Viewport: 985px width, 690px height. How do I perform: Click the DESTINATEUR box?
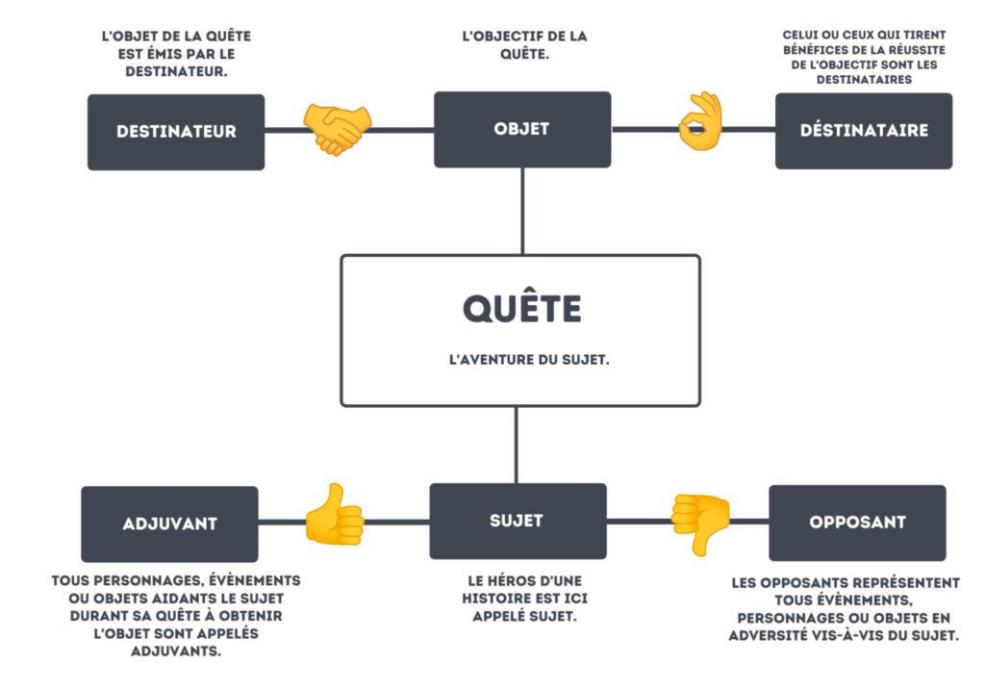click(x=176, y=132)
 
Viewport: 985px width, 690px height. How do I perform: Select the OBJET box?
click(x=522, y=130)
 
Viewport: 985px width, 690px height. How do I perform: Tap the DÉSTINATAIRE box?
click(x=864, y=131)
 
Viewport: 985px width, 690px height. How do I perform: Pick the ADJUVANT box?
click(x=169, y=524)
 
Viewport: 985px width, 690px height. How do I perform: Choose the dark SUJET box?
click(x=518, y=521)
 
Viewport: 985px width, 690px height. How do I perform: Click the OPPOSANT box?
click(x=857, y=523)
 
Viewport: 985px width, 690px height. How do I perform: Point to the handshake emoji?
click(x=338, y=129)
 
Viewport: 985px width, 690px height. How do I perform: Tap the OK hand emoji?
click(x=700, y=121)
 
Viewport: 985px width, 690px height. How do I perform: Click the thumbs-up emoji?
click(x=334, y=514)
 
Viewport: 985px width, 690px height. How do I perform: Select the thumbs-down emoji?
click(x=700, y=524)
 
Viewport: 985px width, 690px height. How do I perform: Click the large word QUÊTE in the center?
click(x=522, y=309)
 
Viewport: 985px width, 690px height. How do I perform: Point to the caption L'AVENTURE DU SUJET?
click(x=529, y=360)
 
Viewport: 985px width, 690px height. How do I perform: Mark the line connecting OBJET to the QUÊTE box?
click(x=522, y=211)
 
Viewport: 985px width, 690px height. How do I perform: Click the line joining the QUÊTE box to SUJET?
click(x=517, y=445)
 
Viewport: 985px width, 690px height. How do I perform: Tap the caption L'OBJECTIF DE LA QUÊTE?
click(x=524, y=45)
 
